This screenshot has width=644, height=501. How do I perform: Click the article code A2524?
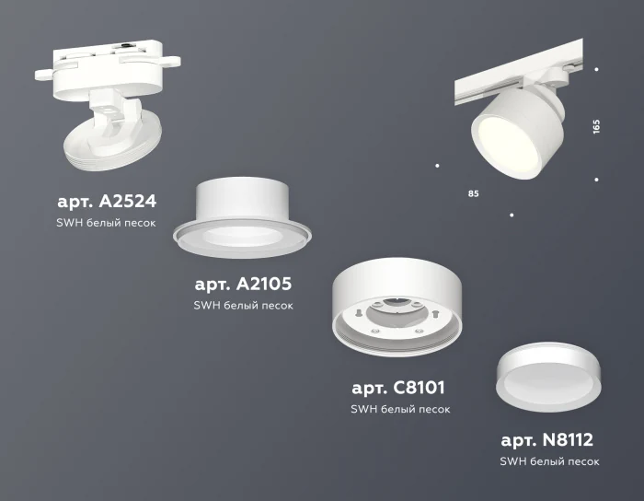pyautogui.click(x=126, y=202)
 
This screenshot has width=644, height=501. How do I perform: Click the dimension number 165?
pyautogui.click(x=597, y=125)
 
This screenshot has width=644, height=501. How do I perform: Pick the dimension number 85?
pyautogui.click(x=473, y=194)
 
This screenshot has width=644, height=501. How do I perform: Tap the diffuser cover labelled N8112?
pyautogui.click(x=547, y=374)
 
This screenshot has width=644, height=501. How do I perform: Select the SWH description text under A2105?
pyautogui.click(x=244, y=306)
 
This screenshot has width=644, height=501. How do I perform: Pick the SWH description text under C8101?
pyautogui.click(x=400, y=409)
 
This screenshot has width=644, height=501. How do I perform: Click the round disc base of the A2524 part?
pyautogui.click(x=110, y=148)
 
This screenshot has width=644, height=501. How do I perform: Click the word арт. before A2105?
pyautogui.click(x=213, y=284)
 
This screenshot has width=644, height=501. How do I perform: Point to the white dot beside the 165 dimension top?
pyautogui.click(x=597, y=69)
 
